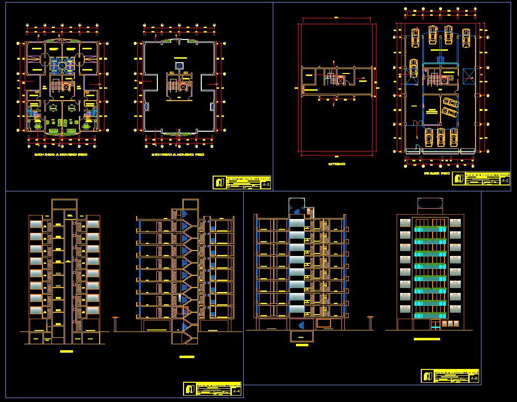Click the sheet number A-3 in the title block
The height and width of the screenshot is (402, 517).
coord(266,185)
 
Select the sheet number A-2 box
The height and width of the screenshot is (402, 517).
coord(505,181)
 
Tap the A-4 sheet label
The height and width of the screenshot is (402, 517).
coord(236,392)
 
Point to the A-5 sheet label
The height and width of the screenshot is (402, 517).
coord(474,378)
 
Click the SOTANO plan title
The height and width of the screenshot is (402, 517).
coord(337,164)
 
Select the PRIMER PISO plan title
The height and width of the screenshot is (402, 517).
coord(436,174)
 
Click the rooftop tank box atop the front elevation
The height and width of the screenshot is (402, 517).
coord(430,203)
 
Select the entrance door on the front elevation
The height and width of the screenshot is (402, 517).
coord(436,324)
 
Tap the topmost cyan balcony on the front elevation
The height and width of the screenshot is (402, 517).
coord(430,228)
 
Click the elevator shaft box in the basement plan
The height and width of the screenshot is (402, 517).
coord(340,80)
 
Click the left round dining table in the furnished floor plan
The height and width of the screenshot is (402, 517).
coord(53,108)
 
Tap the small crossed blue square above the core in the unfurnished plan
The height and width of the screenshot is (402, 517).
coord(179,66)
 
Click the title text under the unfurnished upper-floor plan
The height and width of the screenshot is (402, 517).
coord(178,154)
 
